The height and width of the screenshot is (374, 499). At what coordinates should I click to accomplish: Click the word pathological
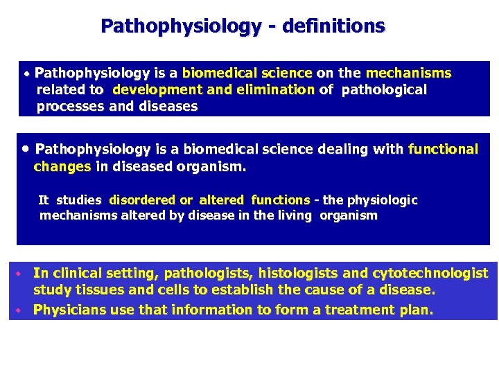(383, 89)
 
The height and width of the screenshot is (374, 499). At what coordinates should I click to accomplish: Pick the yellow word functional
(444, 149)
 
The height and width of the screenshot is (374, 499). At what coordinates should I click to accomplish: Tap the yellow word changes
(62, 166)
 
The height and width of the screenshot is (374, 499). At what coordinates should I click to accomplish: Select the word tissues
(97, 290)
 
